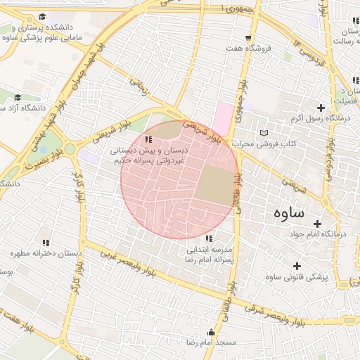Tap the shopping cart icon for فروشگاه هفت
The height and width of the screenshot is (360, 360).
[x=247, y=38]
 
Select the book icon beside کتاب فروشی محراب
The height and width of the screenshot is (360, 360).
[x=264, y=132]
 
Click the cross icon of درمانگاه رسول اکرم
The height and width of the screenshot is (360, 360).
[x=321, y=108]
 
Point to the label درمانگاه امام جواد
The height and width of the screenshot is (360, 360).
[x=330, y=233]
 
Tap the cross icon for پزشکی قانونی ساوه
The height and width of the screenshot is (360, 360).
[x=297, y=266]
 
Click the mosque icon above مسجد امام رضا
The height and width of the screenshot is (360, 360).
[x=212, y=332]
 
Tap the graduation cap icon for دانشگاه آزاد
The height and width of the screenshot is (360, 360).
[x=18, y=98]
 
